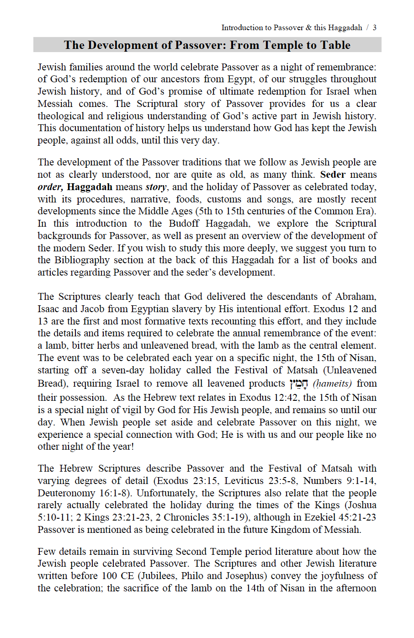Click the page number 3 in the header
point(375,27)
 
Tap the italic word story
point(156,187)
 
